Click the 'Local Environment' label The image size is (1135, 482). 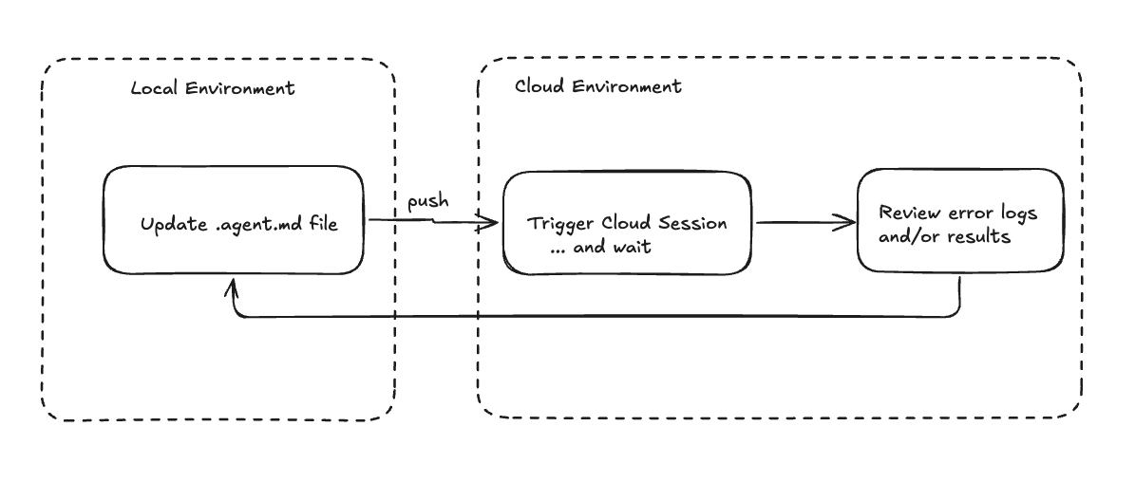point(213,89)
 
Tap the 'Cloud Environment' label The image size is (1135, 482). point(597,86)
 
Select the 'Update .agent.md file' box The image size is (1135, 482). point(233,220)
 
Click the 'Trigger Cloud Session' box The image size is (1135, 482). point(627,223)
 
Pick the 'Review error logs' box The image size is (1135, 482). point(959,220)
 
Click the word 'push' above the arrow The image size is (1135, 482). point(427,202)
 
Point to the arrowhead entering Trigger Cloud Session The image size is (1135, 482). point(491,224)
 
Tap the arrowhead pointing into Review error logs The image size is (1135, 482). point(844,224)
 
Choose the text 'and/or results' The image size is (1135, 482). point(944,236)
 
